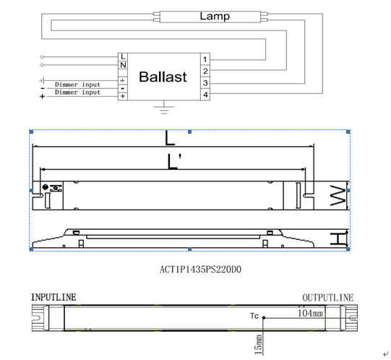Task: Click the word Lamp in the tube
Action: pyautogui.click(x=215, y=17)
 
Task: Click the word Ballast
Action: pyautogui.click(x=163, y=77)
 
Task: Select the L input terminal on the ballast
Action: pyautogui.click(x=123, y=57)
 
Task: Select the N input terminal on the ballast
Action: pyautogui.click(x=123, y=65)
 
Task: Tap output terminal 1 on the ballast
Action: pyautogui.click(x=205, y=59)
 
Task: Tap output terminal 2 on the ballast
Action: pyautogui.click(x=205, y=71)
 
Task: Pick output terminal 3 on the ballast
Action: pyautogui.click(x=205, y=83)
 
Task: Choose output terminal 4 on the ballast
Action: pyautogui.click(x=205, y=95)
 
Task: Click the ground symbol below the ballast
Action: pyautogui.click(x=164, y=108)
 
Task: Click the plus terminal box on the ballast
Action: pyautogui.click(x=123, y=96)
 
